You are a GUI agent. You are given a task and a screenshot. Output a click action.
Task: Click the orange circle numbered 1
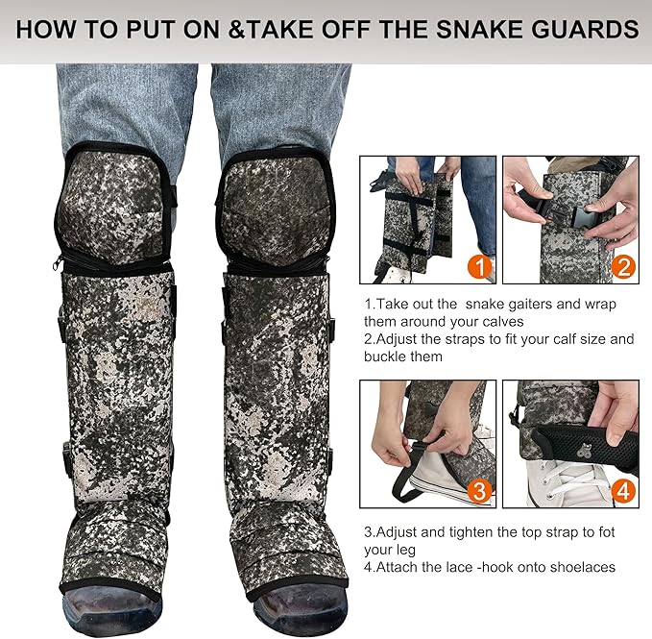[478, 264]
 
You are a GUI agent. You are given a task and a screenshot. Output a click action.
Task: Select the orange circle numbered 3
[478, 491]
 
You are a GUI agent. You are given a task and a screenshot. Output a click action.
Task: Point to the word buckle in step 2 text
[387, 356]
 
